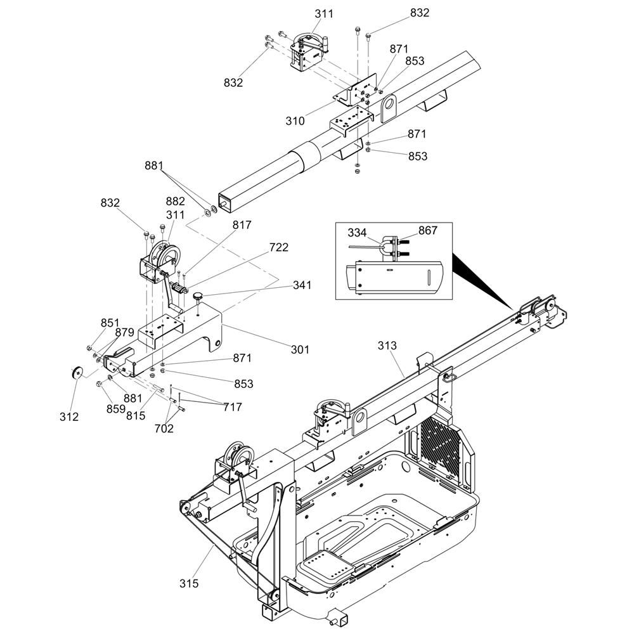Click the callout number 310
pyautogui.click(x=295, y=121)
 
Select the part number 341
pyautogui.click(x=302, y=285)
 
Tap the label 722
pyautogui.click(x=279, y=247)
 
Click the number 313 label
pyautogui.click(x=387, y=346)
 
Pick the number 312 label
pyautogui.click(x=69, y=417)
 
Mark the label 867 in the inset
pyautogui.click(x=428, y=231)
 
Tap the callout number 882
pyautogui.click(x=175, y=201)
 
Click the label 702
pyautogui.click(x=164, y=429)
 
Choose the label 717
pyautogui.click(x=233, y=407)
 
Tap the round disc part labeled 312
pyautogui.click(x=77, y=372)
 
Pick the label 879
pyautogui.click(x=124, y=333)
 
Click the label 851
pyautogui.click(x=110, y=322)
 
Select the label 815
pyautogui.click(x=136, y=416)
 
